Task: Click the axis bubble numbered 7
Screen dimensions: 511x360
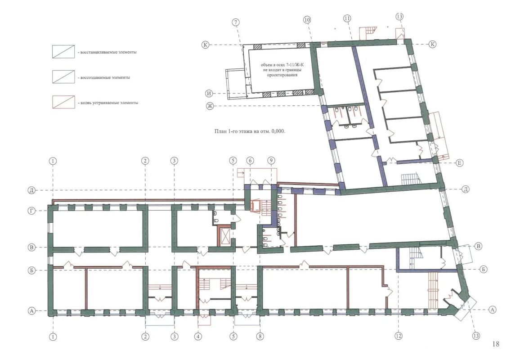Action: (x=236, y=22)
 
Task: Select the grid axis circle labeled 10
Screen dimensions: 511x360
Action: (x=307, y=20)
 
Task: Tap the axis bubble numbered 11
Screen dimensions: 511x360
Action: (x=347, y=18)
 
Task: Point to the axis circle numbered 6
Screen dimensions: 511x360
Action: (x=250, y=161)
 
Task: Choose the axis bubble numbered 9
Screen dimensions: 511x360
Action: (x=271, y=161)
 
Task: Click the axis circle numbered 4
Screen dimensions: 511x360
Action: (x=198, y=336)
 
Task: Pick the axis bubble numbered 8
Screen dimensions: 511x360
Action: (x=260, y=336)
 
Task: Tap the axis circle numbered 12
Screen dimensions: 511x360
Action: (x=398, y=336)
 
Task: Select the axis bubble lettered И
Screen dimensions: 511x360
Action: (x=209, y=94)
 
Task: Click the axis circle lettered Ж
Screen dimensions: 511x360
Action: (x=210, y=106)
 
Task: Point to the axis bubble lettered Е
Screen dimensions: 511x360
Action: (x=459, y=162)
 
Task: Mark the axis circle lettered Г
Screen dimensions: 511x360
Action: (x=31, y=211)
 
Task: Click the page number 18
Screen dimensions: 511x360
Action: (x=496, y=344)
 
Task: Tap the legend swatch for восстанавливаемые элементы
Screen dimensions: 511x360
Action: (x=63, y=51)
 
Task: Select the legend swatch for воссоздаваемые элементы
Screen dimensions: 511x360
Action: (x=63, y=77)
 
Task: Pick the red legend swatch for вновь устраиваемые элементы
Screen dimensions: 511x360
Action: (x=63, y=102)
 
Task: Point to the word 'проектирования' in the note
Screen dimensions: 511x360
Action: (x=282, y=75)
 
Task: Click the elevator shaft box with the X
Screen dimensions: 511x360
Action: (x=225, y=236)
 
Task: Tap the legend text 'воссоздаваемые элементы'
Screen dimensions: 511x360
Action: (x=105, y=77)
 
